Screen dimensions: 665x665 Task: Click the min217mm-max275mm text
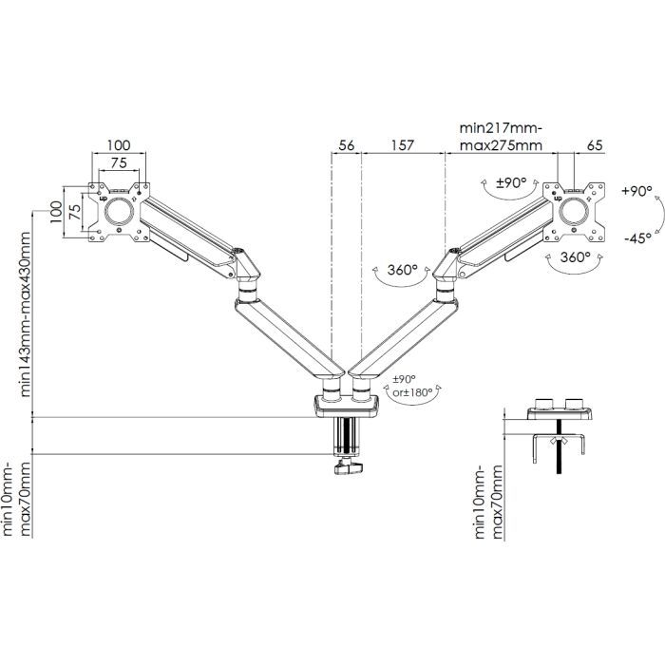pos(500,137)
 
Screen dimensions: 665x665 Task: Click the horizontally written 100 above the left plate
pos(119,144)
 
